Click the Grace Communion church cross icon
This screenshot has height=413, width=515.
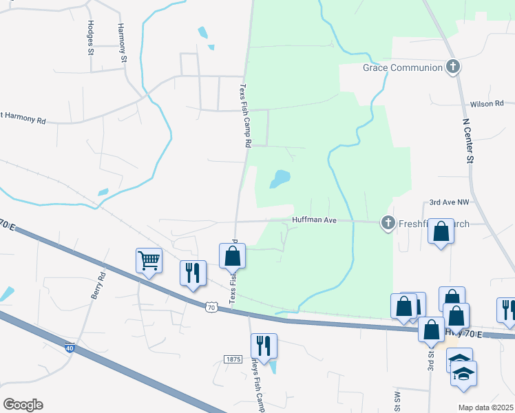click(452, 67)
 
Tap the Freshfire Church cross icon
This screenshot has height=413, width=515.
click(388, 222)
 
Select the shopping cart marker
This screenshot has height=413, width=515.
click(149, 261)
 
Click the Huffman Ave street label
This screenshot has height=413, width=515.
click(313, 220)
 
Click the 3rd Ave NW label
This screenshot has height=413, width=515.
click(449, 202)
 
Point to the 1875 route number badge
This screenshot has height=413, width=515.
click(233, 359)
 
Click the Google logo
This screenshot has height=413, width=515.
click(23, 405)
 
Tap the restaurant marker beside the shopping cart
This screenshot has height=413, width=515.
click(193, 273)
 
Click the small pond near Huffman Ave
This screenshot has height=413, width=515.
click(280, 179)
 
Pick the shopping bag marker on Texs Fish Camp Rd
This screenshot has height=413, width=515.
click(233, 256)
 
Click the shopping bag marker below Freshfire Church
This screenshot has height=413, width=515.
click(441, 233)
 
